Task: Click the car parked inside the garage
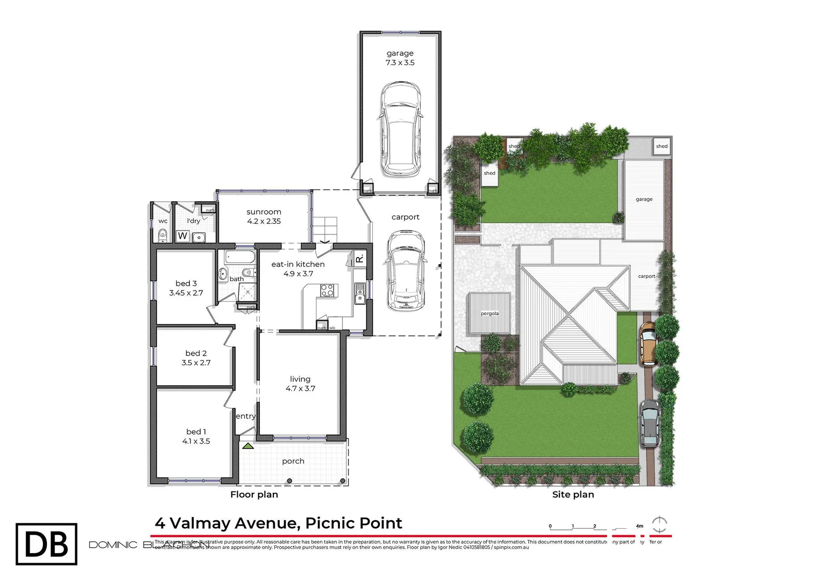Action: point(400,130)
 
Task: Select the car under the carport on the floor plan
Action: point(406,271)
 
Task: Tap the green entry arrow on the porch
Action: point(247,446)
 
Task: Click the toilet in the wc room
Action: point(162,235)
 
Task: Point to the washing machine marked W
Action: point(182,236)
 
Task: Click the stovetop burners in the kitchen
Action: point(327,290)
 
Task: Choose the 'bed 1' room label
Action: point(196,431)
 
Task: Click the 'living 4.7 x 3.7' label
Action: point(300,384)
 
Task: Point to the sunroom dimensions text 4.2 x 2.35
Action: point(264,221)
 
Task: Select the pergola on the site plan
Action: point(489,313)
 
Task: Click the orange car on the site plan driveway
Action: point(648,344)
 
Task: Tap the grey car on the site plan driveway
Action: point(649,423)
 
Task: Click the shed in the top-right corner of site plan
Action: point(662,146)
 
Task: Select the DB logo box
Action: point(46,544)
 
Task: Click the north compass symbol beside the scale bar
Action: point(660,524)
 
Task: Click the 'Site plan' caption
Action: point(573,494)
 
